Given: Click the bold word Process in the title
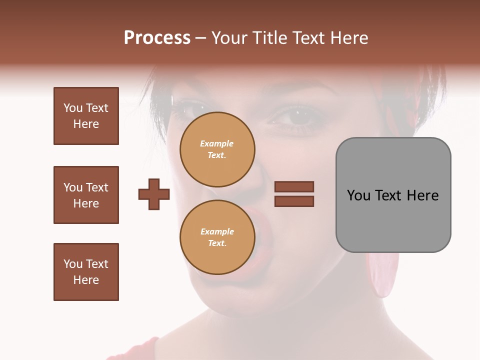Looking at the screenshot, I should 157,37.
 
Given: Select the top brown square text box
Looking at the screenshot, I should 86,116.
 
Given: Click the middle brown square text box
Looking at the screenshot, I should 86,195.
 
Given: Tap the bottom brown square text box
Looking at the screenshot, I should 86,272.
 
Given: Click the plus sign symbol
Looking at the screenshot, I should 154,194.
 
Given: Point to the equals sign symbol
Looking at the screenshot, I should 294,194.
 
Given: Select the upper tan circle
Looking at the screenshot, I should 217,149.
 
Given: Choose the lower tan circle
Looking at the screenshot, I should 217,237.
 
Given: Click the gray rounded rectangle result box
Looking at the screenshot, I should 393,195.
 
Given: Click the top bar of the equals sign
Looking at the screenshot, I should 294,187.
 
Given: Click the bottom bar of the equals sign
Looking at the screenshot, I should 294,201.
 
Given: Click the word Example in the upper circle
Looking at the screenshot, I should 217,143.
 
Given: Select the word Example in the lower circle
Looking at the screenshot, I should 217,231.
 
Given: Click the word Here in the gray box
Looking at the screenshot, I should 422,195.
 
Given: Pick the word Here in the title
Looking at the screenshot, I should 349,37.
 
